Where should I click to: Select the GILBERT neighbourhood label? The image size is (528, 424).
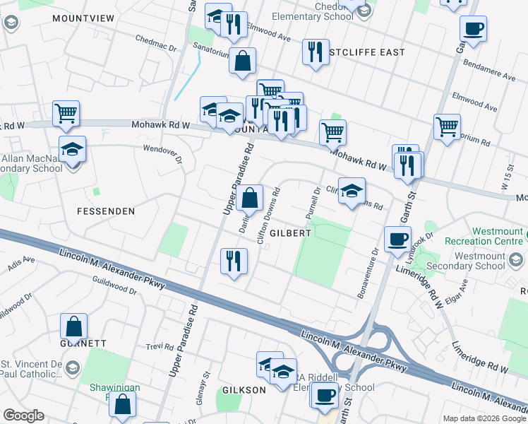[x=289, y=232]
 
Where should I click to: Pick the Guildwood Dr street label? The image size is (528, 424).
[x=114, y=286]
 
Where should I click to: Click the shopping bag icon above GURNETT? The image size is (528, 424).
[x=74, y=327]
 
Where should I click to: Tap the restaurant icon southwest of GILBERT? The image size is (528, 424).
[x=234, y=261]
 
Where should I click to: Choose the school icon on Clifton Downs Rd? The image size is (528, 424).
[x=352, y=191]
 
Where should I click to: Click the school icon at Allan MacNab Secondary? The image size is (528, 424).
[x=72, y=150]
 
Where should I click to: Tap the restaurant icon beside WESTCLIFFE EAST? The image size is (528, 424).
[x=315, y=52]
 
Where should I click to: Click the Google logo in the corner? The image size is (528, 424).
[x=23, y=416]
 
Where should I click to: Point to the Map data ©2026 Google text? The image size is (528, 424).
[x=484, y=418]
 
